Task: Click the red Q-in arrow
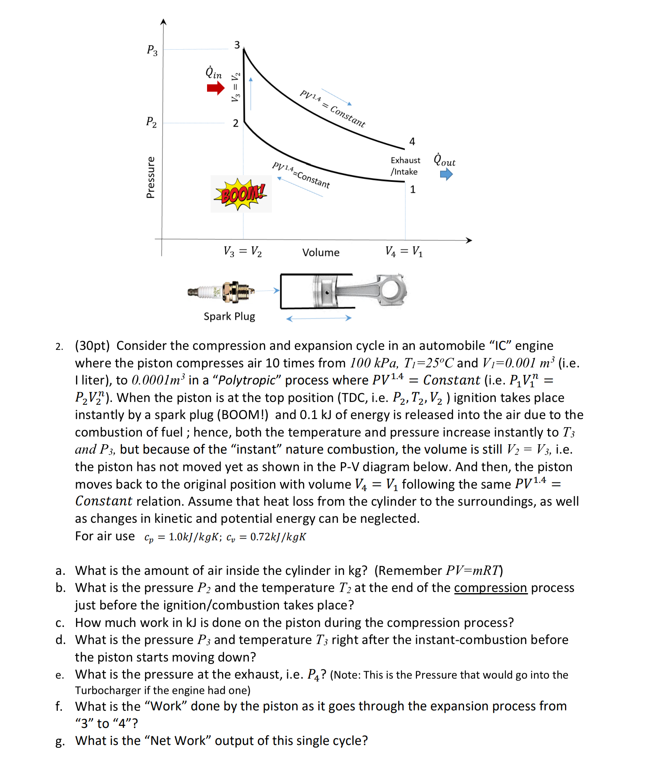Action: (x=216, y=88)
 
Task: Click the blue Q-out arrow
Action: (x=446, y=175)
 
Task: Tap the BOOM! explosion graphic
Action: (x=241, y=194)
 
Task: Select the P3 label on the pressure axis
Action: (x=152, y=50)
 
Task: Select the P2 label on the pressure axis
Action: (x=151, y=122)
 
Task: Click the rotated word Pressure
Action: (x=151, y=177)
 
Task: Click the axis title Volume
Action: (x=321, y=253)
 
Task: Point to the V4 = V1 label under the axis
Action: (x=404, y=251)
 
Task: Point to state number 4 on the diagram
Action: (x=412, y=142)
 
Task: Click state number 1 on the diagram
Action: (x=412, y=190)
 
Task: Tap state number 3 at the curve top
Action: (x=237, y=45)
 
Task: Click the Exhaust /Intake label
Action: (x=405, y=166)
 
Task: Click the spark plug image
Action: (x=222, y=292)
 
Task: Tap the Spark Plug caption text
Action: (x=229, y=317)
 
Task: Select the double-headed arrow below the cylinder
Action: (x=319, y=319)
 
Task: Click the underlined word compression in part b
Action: (x=490, y=588)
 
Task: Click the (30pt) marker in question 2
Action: (x=92, y=346)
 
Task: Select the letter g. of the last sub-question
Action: (x=60, y=741)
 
